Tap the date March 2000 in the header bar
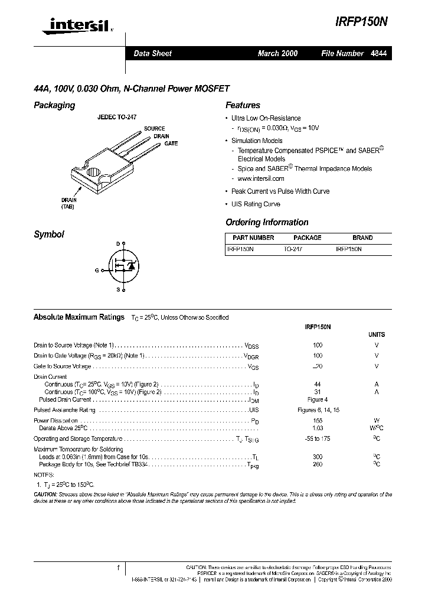[x=277, y=53]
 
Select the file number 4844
[x=378, y=53]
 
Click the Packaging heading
[x=54, y=105]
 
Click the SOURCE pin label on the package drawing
[x=154, y=128]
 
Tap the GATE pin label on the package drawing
[x=171, y=144]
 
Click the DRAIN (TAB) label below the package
[x=68, y=203]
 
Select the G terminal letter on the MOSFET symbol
[x=96, y=269]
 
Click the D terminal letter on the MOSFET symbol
[x=117, y=243]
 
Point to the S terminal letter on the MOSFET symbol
[x=117, y=290]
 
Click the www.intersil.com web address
[x=260, y=178]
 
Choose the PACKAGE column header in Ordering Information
[x=308, y=238]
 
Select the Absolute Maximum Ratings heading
[x=79, y=317]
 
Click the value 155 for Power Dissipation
[x=318, y=421]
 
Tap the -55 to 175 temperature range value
[x=318, y=438]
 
